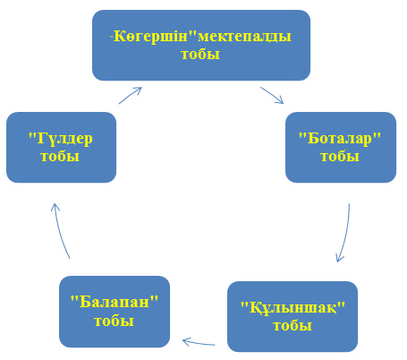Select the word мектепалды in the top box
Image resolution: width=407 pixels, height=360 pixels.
point(244,37)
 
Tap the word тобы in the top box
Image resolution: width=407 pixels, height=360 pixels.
point(200,55)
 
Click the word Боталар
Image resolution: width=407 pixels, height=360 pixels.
point(340,139)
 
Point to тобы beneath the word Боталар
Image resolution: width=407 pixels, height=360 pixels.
point(340,157)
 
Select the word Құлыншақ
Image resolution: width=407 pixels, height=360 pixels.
point(293,308)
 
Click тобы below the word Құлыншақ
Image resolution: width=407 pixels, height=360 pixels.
point(293,326)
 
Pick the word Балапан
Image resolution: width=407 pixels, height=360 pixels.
point(114,302)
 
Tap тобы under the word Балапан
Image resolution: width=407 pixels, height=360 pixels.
point(114,321)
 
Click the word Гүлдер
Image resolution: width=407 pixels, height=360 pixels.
point(64,139)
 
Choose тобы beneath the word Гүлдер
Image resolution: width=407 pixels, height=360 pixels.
point(60,157)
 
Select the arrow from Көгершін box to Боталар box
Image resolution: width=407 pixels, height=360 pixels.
point(272,96)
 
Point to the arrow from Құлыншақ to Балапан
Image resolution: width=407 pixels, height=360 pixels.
point(199,342)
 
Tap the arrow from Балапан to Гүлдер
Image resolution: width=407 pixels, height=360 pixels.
point(60,230)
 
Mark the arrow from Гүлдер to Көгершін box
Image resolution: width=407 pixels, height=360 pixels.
point(131,95)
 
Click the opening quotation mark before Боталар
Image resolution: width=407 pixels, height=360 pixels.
point(302,135)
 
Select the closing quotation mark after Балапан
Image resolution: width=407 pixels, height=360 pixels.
point(154,298)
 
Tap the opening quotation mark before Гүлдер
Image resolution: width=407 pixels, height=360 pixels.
point(32,135)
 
